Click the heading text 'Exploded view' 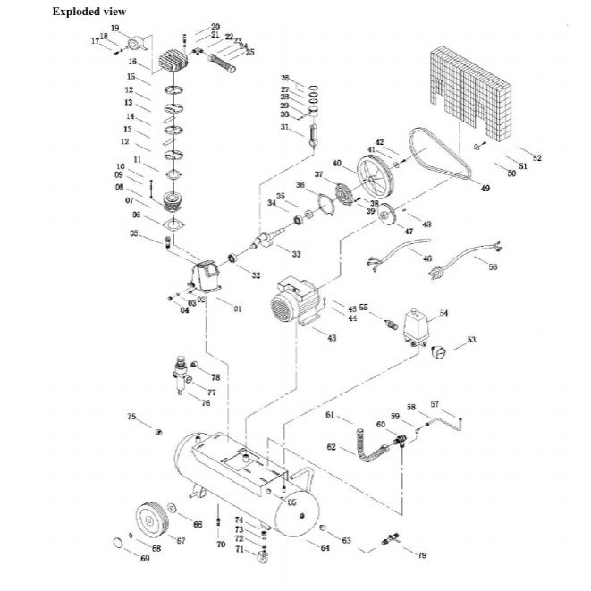coord(89,12)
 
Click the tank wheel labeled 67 coord(148,519)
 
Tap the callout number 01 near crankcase coord(238,308)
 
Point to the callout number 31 coord(284,127)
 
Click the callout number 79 coord(422,555)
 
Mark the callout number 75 coord(131,418)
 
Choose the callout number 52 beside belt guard coord(536,158)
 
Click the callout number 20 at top coord(215,27)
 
